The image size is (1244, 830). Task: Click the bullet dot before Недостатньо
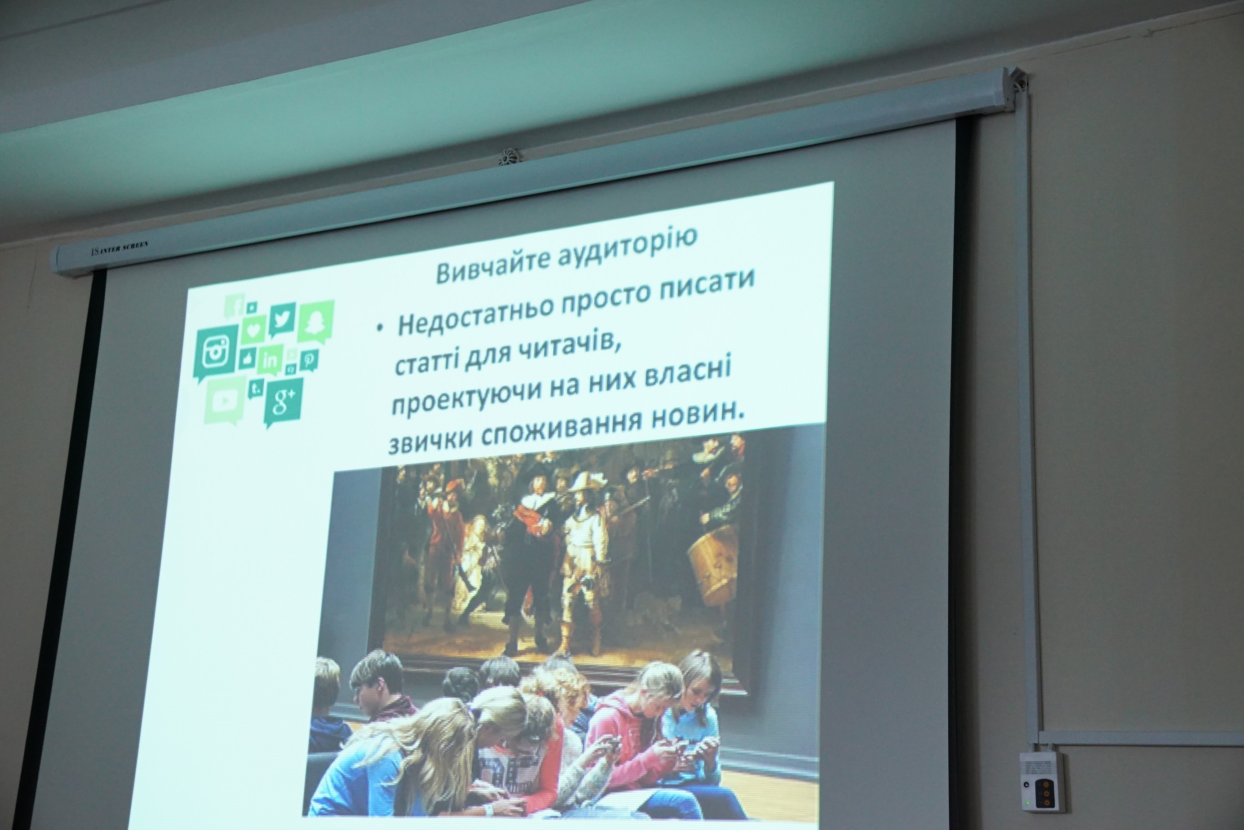(x=379, y=329)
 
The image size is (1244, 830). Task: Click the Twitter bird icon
(x=282, y=319)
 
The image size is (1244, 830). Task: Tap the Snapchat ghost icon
(x=316, y=321)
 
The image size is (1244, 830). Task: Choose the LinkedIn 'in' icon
(x=270, y=361)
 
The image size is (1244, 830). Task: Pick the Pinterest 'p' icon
(x=309, y=360)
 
